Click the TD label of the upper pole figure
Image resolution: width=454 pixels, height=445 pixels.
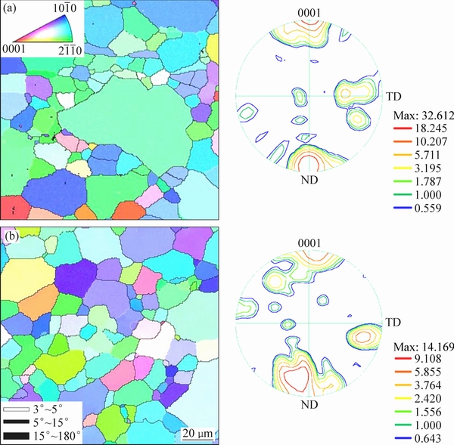tap(393, 97)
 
